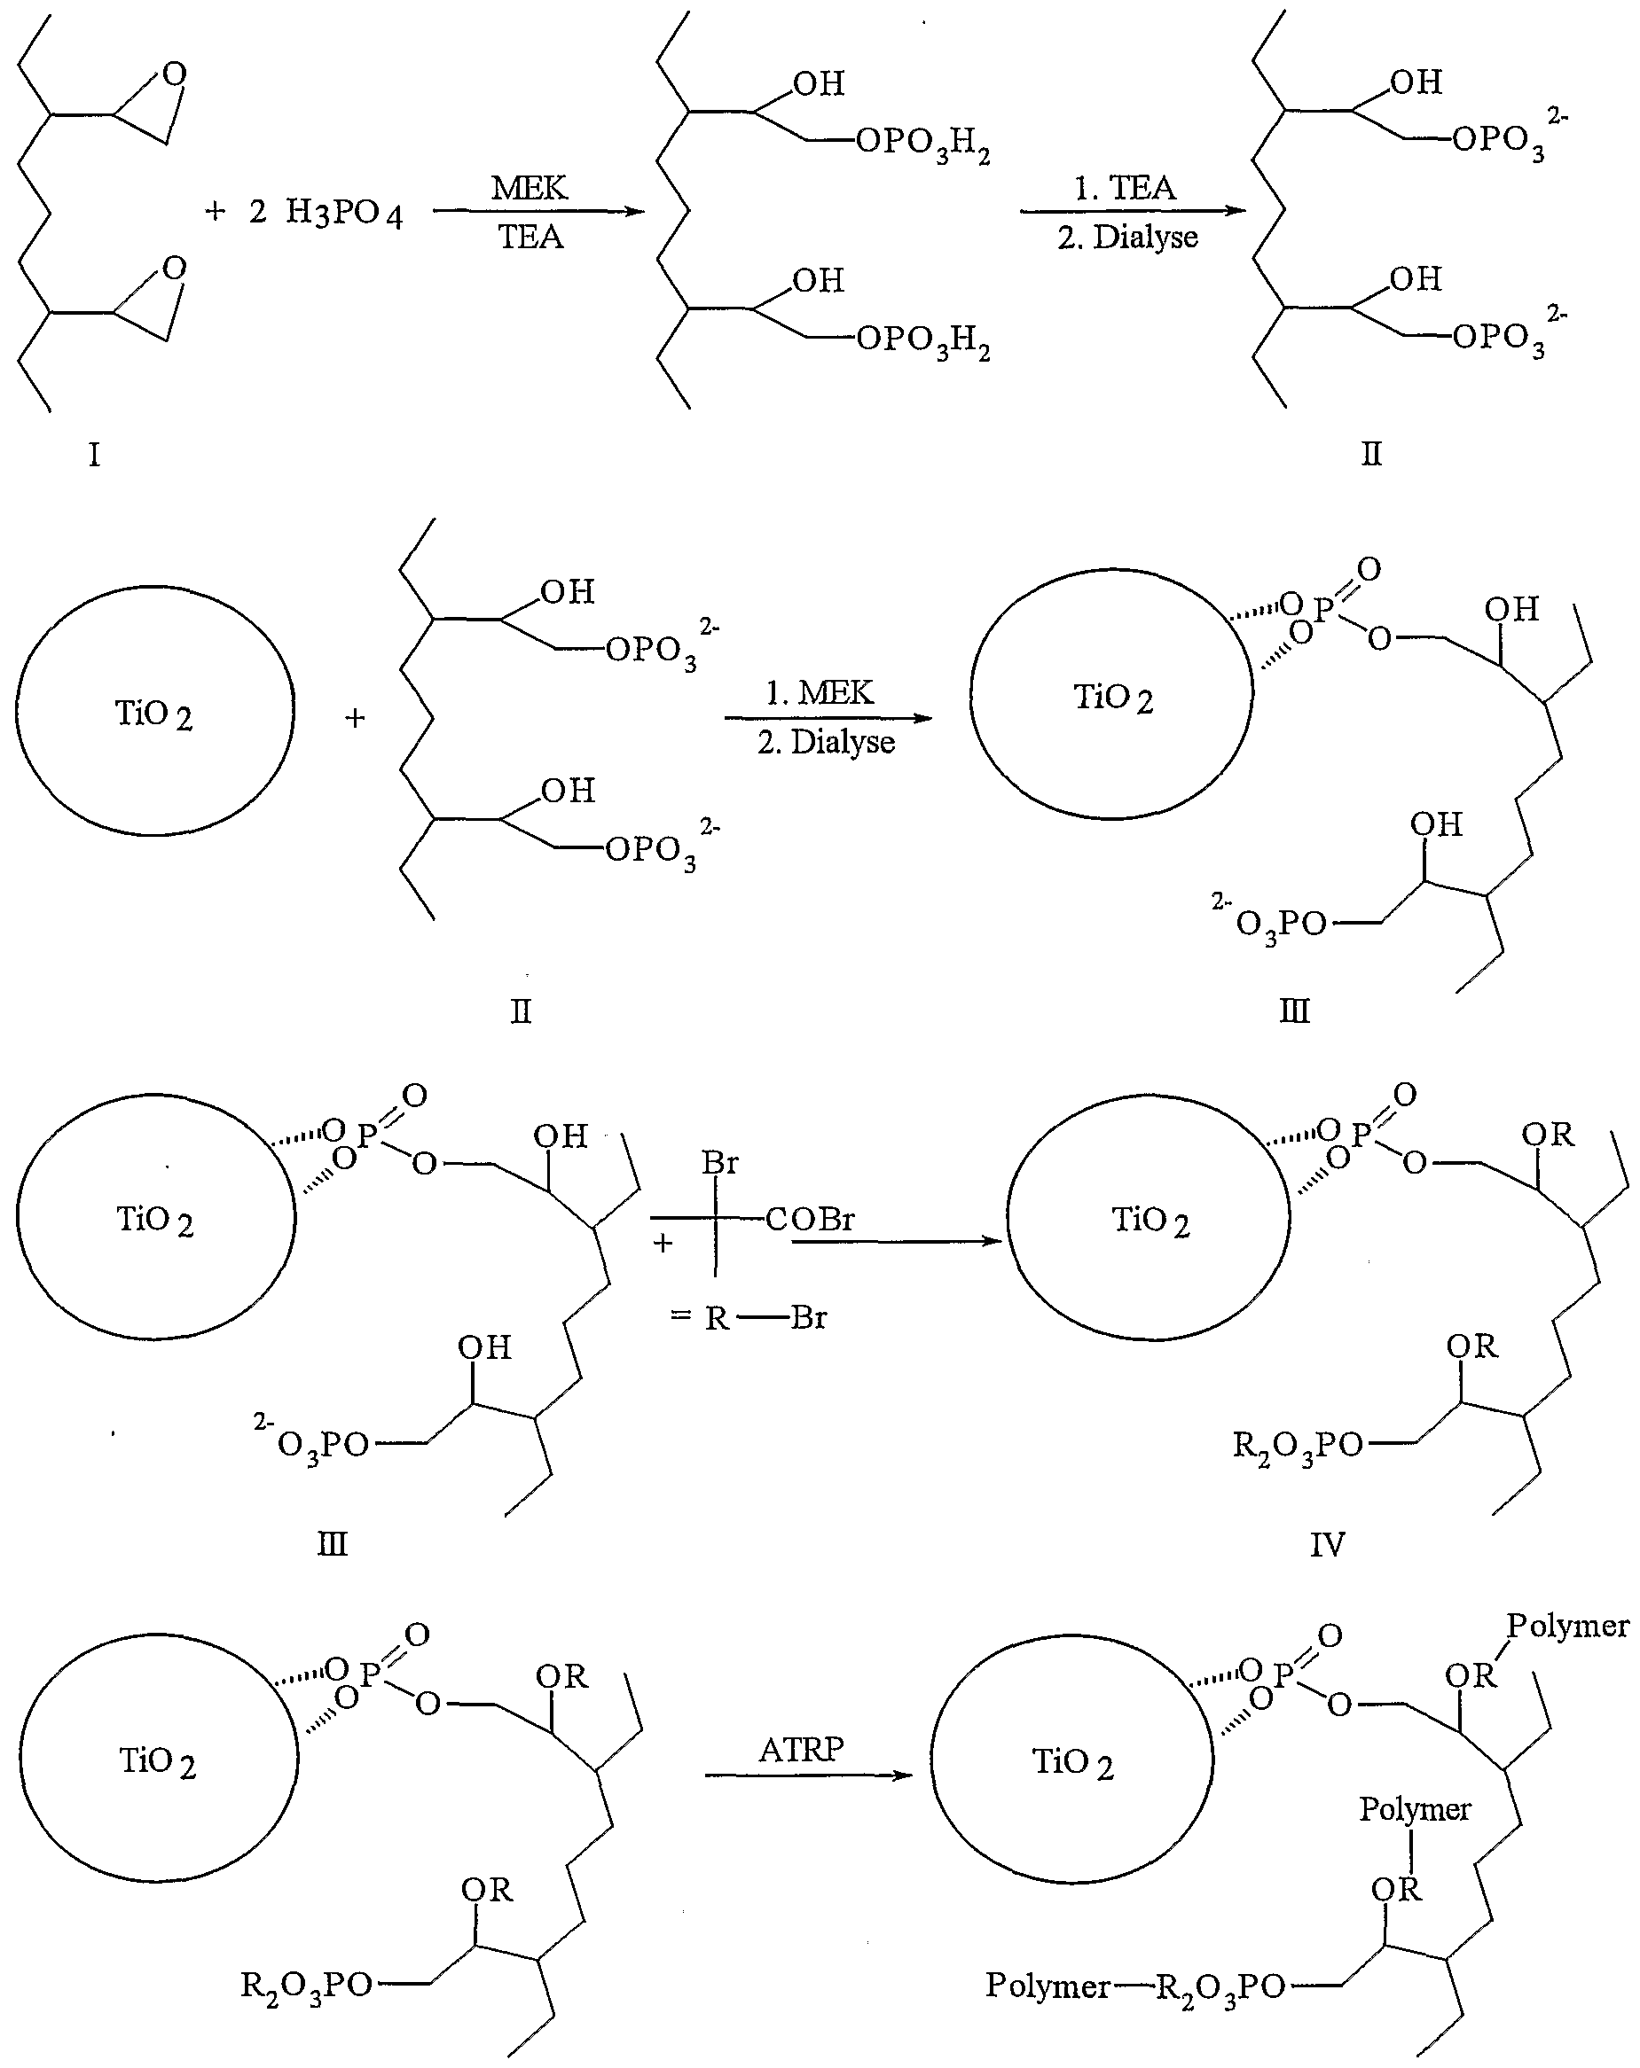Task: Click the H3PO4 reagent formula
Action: point(343,213)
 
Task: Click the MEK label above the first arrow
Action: point(529,187)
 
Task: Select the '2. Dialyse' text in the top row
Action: point(1127,237)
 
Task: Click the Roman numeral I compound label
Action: point(94,454)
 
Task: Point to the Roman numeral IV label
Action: point(1327,1544)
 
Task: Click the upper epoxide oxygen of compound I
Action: point(174,74)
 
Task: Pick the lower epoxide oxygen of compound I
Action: point(174,268)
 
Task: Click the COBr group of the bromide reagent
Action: point(809,1219)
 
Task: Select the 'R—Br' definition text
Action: point(765,1318)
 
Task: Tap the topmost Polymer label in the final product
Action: point(1567,1625)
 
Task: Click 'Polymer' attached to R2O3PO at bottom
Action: point(1047,1985)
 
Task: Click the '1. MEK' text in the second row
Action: point(820,692)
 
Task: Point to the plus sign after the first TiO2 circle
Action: point(355,717)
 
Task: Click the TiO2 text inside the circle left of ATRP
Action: point(157,1761)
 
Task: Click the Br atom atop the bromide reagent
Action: point(719,1163)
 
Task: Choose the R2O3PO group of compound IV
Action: point(1298,1446)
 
